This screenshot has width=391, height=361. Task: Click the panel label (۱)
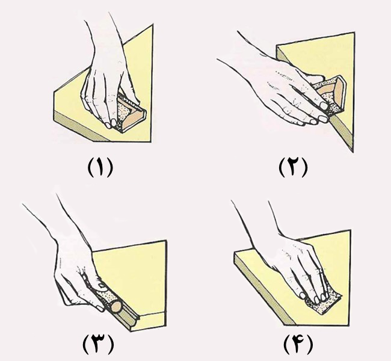[x=100, y=167]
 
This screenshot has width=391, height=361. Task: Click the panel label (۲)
[x=293, y=167]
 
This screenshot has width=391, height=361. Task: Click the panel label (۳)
[x=98, y=344]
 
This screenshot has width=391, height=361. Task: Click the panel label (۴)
[x=298, y=344]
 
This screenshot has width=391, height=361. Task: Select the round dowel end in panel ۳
[x=117, y=307]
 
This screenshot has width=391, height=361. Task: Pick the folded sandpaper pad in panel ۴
[x=324, y=303]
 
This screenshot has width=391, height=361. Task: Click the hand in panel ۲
[x=282, y=87]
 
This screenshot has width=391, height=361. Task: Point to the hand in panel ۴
[x=294, y=262]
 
